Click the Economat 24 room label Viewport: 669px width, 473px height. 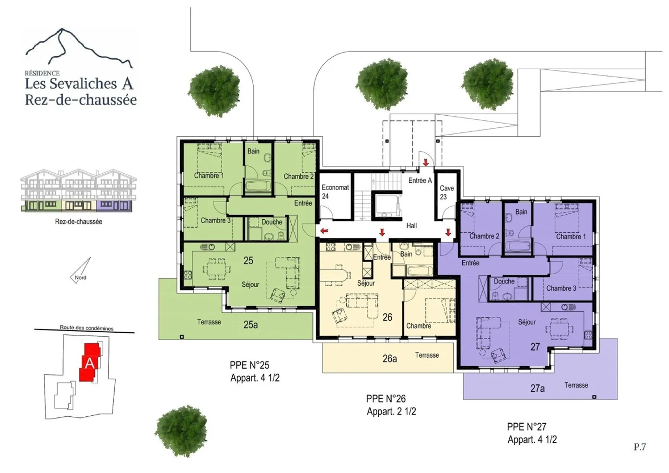click(335, 192)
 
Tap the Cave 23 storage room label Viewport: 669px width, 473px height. click(446, 192)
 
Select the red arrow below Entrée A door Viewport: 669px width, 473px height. click(426, 162)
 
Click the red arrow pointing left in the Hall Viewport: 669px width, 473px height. click(324, 231)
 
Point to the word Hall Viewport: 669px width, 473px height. click(412, 226)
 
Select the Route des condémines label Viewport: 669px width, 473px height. click(86, 328)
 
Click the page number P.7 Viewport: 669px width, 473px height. click(640, 447)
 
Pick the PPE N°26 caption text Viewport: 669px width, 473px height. click(386, 399)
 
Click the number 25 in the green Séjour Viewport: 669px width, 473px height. click(248, 261)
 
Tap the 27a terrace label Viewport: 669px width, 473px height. click(537, 388)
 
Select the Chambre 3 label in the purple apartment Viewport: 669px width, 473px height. click(561, 288)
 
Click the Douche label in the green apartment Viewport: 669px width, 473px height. click(272, 222)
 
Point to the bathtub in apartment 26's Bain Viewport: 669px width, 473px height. click(420, 271)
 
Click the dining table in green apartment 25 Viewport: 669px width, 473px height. click(217, 269)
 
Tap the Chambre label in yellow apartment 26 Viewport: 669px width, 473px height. click(419, 326)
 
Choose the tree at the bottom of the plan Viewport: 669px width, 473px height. click(181, 431)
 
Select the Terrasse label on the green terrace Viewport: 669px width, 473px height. click(209, 322)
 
